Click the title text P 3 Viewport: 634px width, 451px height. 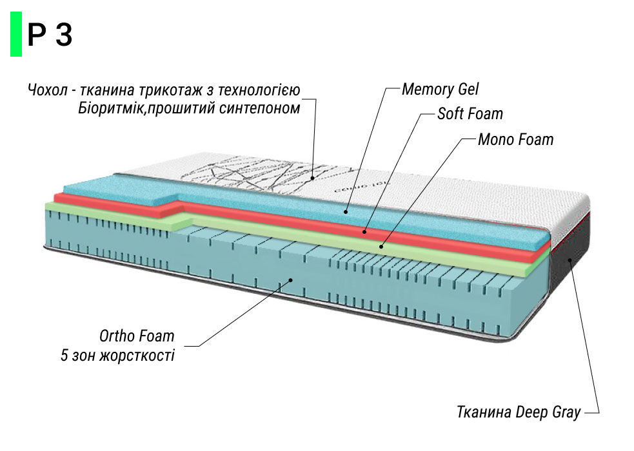pyautogui.click(x=50, y=35)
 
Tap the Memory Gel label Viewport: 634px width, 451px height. pyautogui.click(x=440, y=89)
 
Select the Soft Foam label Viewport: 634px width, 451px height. pyautogui.click(x=470, y=114)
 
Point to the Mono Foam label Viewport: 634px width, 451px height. pyautogui.click(x=515, y=139)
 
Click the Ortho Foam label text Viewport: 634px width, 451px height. pyautogui.click(x=137, y=336)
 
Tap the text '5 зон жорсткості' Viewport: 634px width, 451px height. pyautogui.click(x=117, y=356)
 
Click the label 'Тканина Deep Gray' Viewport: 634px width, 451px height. pyautogui.click(x=518, y=412)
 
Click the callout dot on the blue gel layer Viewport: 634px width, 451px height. pyautogui.click(x=346, y=210)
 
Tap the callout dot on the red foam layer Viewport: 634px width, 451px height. pyautogui.click(x=364, y=231)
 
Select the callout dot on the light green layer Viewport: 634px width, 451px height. pyautogui.click(x=381, y=245)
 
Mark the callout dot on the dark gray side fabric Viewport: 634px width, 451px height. pyautogui.click(x=570, y=260)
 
